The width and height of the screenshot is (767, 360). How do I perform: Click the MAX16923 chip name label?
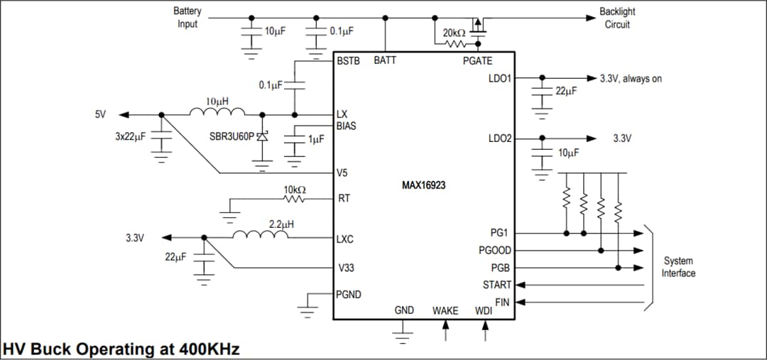[424, 185]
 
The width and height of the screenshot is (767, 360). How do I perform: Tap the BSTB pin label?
[349, 61]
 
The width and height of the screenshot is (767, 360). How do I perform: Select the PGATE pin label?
[477, 61]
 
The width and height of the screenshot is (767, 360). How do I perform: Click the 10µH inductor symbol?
[217, 113]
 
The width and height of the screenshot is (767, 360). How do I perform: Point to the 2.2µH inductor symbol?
[260, 236]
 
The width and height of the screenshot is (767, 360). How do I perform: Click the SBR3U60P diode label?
[232, 136]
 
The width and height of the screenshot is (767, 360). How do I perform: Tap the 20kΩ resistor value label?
[454, 33]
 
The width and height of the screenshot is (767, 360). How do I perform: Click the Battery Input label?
[187, 18]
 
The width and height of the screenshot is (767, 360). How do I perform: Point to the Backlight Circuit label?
[617, 18]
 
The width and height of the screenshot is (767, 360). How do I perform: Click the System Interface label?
[678, 267]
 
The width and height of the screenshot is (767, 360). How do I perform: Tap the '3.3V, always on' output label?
[631, 79]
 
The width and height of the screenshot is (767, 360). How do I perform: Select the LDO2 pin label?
[500, 138]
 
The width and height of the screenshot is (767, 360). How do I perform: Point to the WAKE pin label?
[445, 311]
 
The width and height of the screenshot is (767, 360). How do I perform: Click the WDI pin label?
[483, 311]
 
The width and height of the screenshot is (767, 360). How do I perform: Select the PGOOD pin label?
[495, 250]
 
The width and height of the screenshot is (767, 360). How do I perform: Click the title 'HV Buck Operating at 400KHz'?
[121, 349]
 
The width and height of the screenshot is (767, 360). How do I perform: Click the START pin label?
[497, 285]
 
